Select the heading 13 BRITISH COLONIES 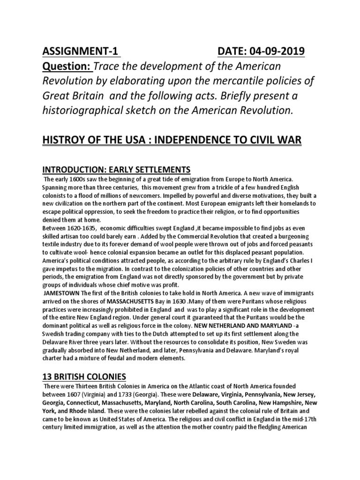pyautogui.click(x=83, y=377)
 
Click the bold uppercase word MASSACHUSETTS pyautogui.click(x=137, y=300)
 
